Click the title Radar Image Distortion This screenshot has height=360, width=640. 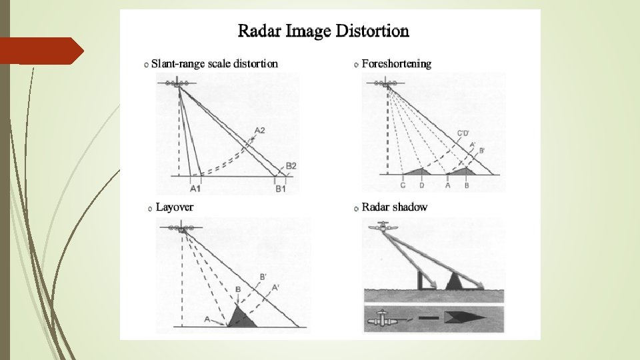click(323, 31)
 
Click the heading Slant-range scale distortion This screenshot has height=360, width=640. click(214, 64)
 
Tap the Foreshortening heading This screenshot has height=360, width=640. click(396, 64)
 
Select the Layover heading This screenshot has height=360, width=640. click(174, 207)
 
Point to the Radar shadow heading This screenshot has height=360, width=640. click(394, 207)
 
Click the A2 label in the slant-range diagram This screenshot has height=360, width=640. click(260, 131)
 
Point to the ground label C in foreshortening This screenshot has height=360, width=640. click(403, 185)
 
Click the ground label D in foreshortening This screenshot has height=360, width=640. click(421, 185)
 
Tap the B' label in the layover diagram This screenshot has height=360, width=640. click(263, 277)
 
